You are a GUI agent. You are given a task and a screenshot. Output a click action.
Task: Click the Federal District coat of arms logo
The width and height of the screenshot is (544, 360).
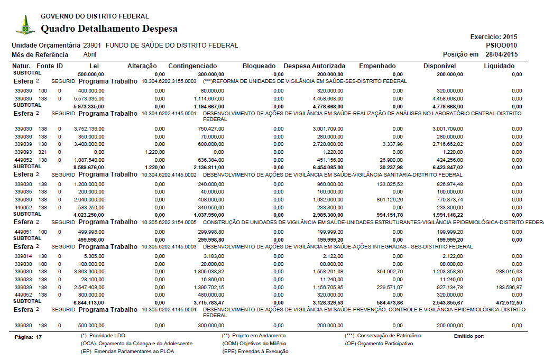(25, 25)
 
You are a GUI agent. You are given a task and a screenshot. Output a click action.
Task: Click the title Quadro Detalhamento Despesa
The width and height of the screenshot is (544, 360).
(109, 29)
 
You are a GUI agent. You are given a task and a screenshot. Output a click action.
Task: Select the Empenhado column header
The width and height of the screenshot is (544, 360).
(377, 66)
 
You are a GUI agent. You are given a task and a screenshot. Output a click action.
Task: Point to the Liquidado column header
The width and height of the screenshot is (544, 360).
(499, 66)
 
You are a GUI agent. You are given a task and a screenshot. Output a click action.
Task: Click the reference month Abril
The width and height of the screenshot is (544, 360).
(90, 54)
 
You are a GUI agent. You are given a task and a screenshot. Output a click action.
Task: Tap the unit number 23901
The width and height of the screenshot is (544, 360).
(93, 45)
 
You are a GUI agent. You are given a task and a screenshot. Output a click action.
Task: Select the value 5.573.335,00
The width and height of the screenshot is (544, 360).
(88, 98)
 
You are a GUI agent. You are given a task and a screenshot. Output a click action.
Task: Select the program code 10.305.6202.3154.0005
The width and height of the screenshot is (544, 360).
(169, 223)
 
